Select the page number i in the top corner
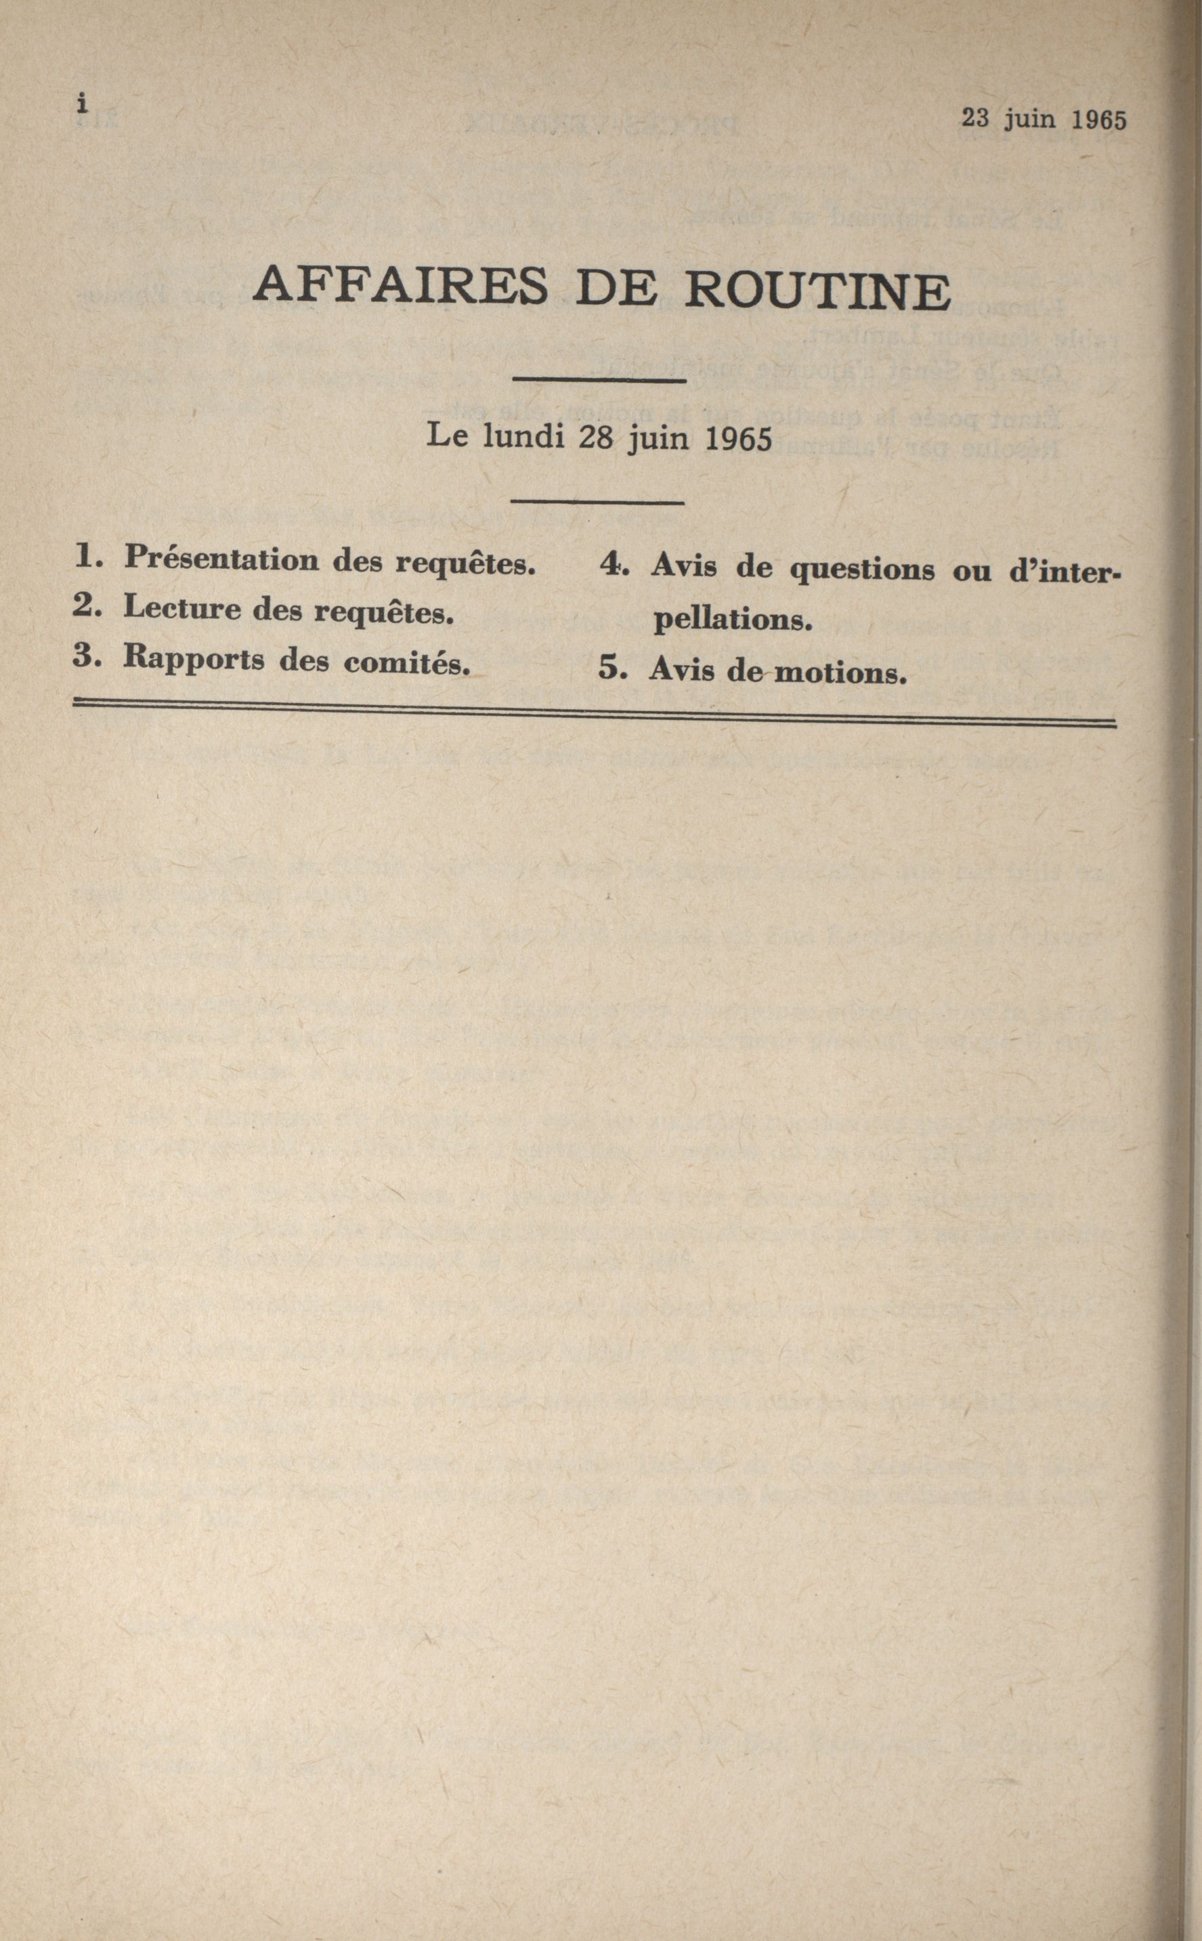(x=81, y=104)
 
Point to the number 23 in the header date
(x=975, y=118)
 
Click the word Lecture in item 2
(x=181, y=608)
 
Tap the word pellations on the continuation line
(x=732, y=619)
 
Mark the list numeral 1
(x=86, y=557)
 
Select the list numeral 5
(x=611, y=668)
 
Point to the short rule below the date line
(x=598, y=502)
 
